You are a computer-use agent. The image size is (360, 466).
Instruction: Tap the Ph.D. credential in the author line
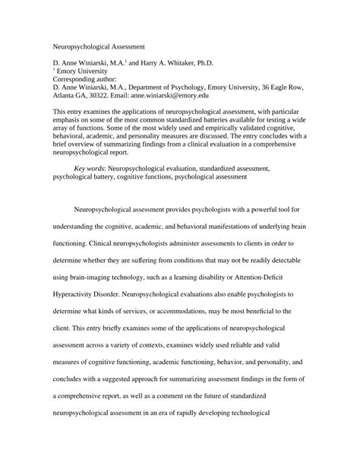[x=215, y=66]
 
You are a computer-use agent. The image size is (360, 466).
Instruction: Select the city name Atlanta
[x=65, y=96]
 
